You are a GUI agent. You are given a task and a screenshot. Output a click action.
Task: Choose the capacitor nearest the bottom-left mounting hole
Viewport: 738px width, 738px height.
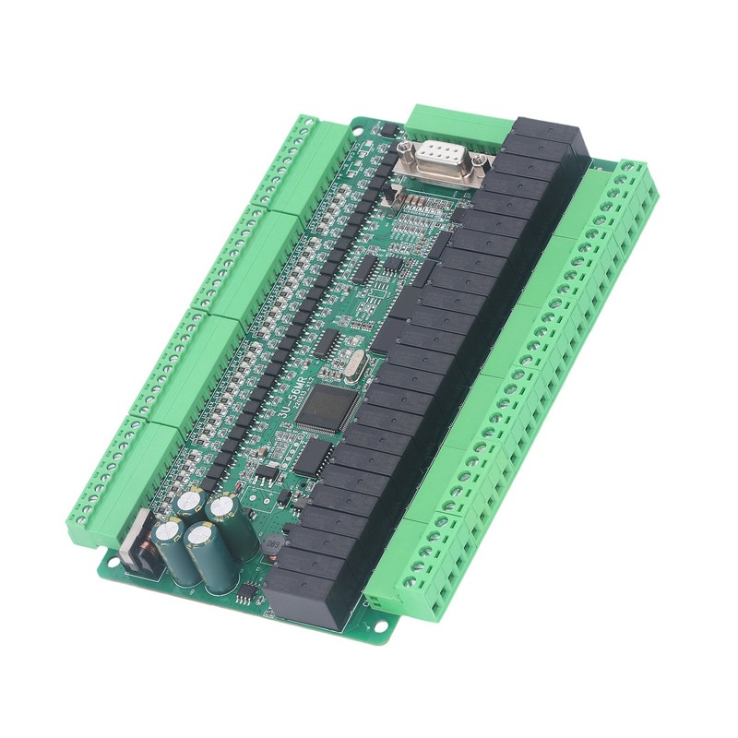click(x=172, y=553)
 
